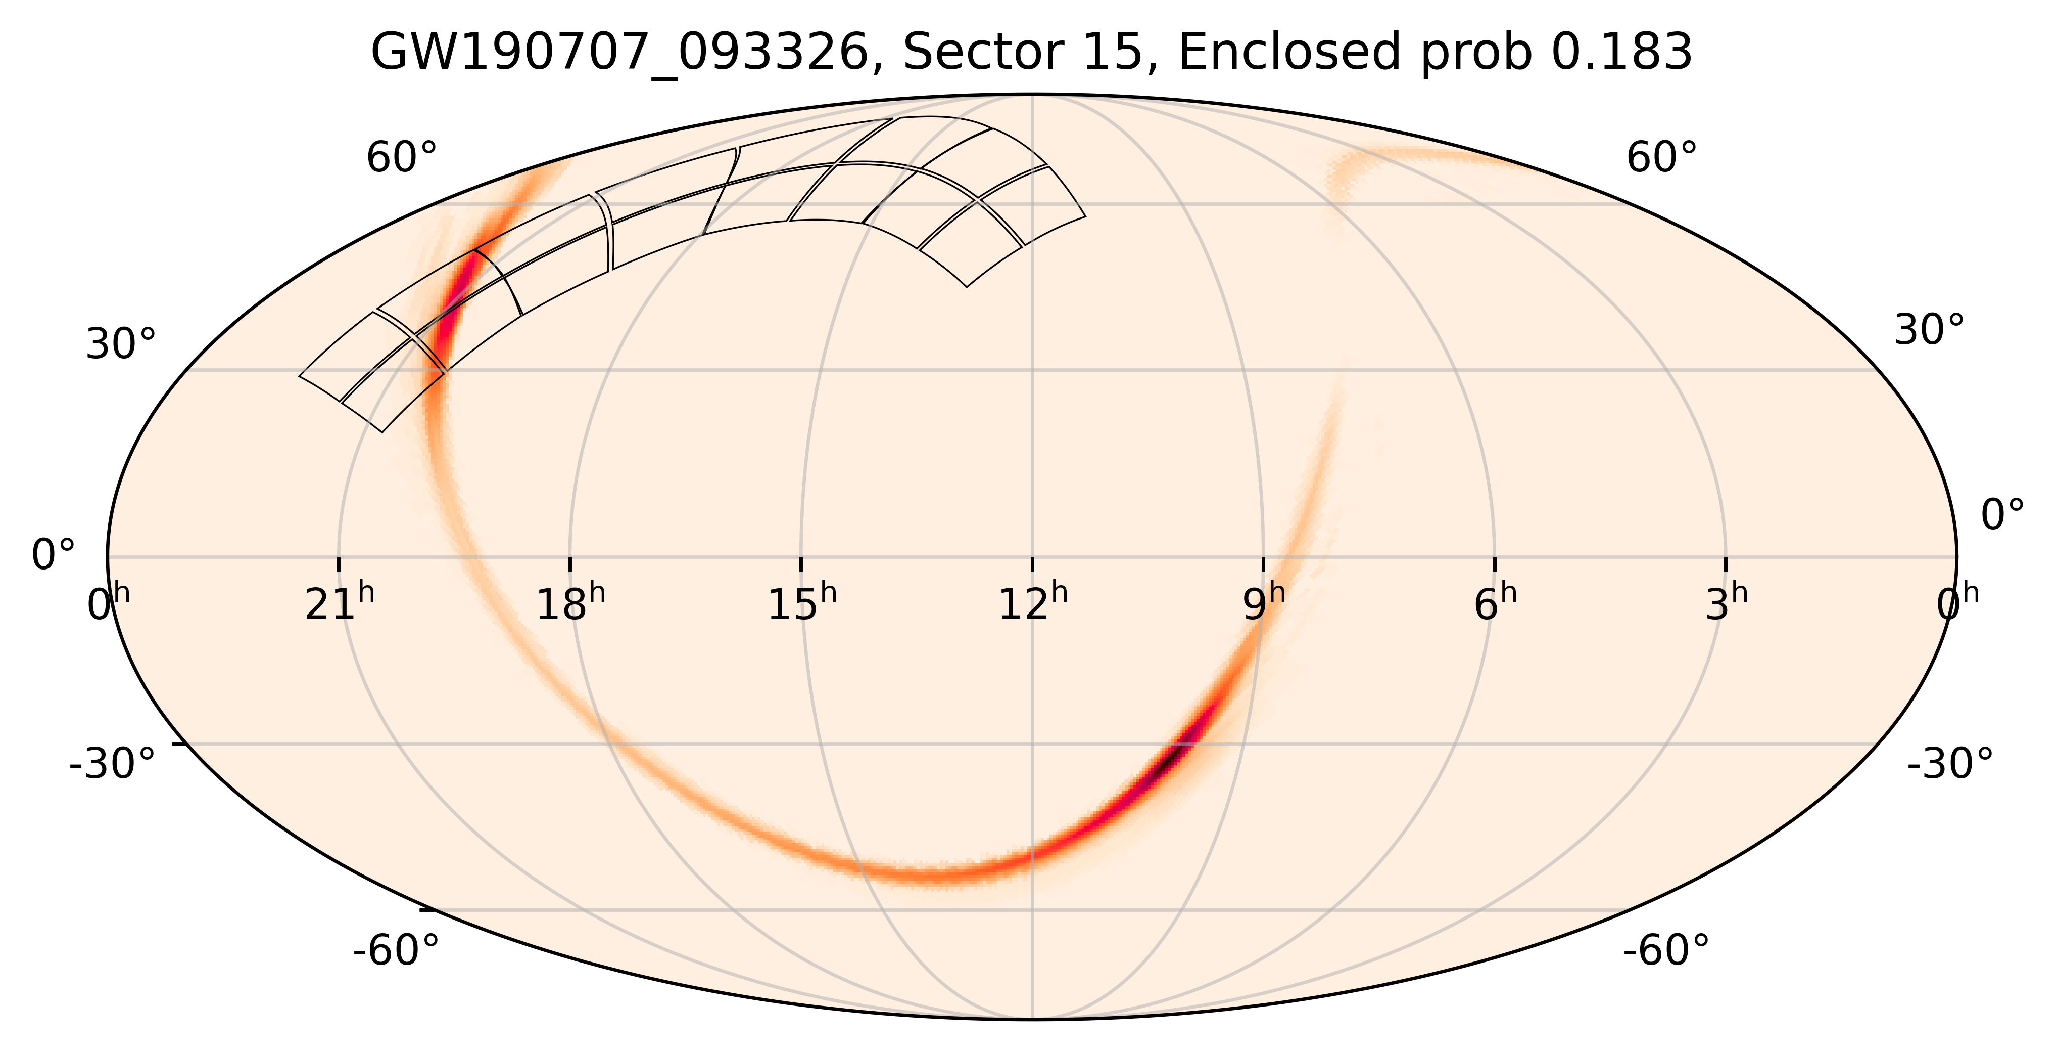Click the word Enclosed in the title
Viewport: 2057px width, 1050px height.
[1289, 54]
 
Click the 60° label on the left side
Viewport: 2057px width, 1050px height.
[402, 158]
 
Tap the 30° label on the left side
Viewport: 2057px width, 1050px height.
[121, 345]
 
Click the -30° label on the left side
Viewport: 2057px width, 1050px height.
[113, 764]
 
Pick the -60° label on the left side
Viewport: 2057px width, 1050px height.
[396, 951]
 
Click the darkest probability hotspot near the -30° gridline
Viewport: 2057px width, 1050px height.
[1174, 755]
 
